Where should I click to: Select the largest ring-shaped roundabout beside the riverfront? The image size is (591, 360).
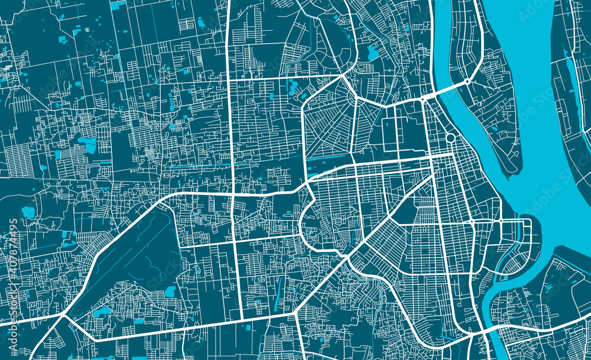coord(450,138)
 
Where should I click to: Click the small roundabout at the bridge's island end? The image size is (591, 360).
coord(467,81)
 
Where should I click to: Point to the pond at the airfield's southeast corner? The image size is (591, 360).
coord(170,291)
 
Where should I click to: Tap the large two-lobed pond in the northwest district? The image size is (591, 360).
coord(87,144)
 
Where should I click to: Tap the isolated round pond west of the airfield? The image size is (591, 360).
coord(28,212)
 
